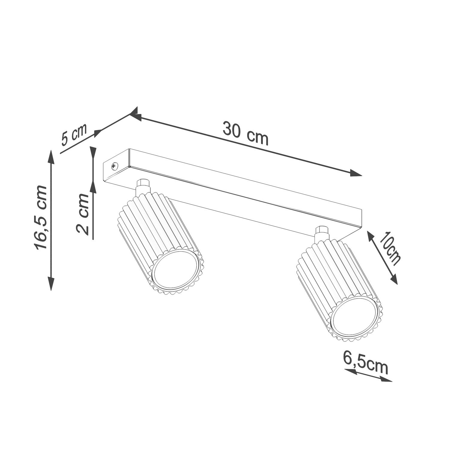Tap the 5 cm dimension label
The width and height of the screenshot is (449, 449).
point(74,134)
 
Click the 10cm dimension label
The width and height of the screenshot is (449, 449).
point(389,248)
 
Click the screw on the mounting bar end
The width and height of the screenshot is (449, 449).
point(114,166)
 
